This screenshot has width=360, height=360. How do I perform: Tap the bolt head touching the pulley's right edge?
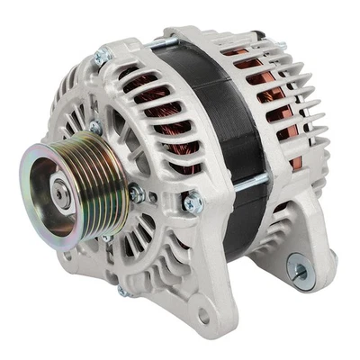pyautogui.click(x=137, y=193)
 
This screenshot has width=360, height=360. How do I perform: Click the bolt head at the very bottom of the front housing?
pyautogui.click(x=125, y=290)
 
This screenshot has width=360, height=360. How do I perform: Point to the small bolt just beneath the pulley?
pyautogui.click(x=106, y=238)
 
